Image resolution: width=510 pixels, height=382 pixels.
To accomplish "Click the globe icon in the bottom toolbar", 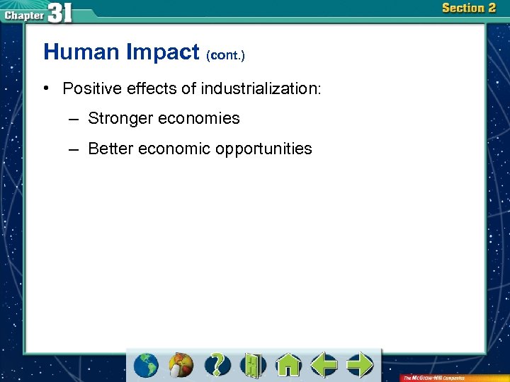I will coord(146,365).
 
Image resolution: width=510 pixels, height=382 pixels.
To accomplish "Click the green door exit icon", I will coord(252,365).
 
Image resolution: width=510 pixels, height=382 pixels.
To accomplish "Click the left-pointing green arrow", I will coord(324,365).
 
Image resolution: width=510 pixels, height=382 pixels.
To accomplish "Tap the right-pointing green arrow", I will coord(360,365).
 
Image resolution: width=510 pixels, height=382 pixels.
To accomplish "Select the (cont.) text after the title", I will coord(225,54).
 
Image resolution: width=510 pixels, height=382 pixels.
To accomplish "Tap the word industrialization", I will coord(261,89).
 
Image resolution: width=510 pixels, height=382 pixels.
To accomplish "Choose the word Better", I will coord(110,149).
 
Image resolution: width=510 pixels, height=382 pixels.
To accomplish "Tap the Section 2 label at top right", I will coord(468,8).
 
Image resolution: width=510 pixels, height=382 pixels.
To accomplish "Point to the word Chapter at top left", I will coord(23,13).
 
